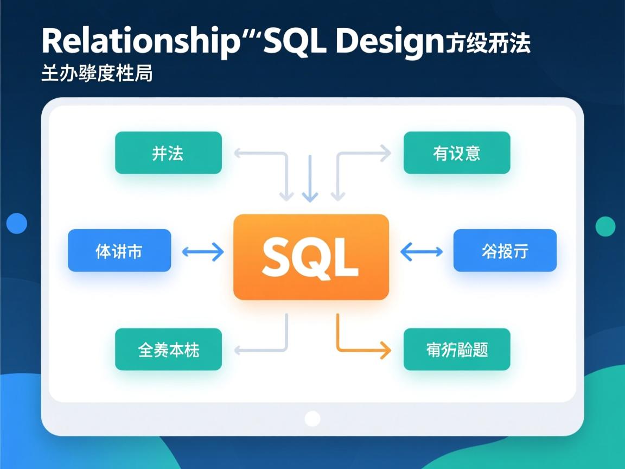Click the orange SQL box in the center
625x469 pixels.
coord(311,257)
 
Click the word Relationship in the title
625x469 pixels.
coord(139,41)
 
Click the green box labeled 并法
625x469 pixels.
coord(168,153)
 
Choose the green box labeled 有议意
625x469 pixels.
coord(457,153)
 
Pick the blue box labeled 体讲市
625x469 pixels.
coord(119,251)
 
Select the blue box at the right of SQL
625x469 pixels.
coord(505,251)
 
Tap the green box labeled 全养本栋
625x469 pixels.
coord(168,350)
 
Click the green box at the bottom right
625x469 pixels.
coord(457,350)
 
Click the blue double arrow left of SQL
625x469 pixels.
coord(202,251)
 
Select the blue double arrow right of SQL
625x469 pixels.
coord(422,251)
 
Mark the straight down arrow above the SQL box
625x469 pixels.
coord(310,179)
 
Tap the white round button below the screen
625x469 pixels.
coord(312,419)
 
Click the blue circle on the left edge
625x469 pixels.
coord(17,223)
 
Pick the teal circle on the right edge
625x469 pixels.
coord(605,226)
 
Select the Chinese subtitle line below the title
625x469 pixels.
coord(97,73)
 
